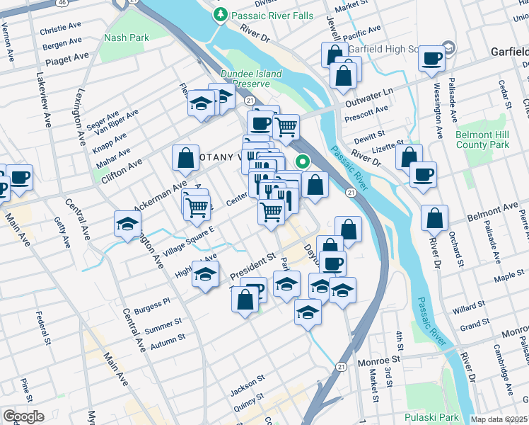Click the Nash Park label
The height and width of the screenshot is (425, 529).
(x=124, y=38)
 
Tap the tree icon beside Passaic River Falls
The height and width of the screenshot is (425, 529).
(x=221, y=13)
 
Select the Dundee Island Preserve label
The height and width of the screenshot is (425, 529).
(x=251, y=79)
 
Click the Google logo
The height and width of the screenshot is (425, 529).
(x=23, y=416)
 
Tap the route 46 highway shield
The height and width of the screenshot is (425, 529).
(x=63, y=4)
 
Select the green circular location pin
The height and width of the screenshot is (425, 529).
(x=303, y=161)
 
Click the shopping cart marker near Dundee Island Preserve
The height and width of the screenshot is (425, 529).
(x=286, y=127)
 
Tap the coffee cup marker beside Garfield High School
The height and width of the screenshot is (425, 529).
(x=431, y=59)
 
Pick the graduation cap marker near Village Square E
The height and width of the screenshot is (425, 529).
(x=127, y=224)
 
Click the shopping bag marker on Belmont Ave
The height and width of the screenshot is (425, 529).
(x=435, y=218)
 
